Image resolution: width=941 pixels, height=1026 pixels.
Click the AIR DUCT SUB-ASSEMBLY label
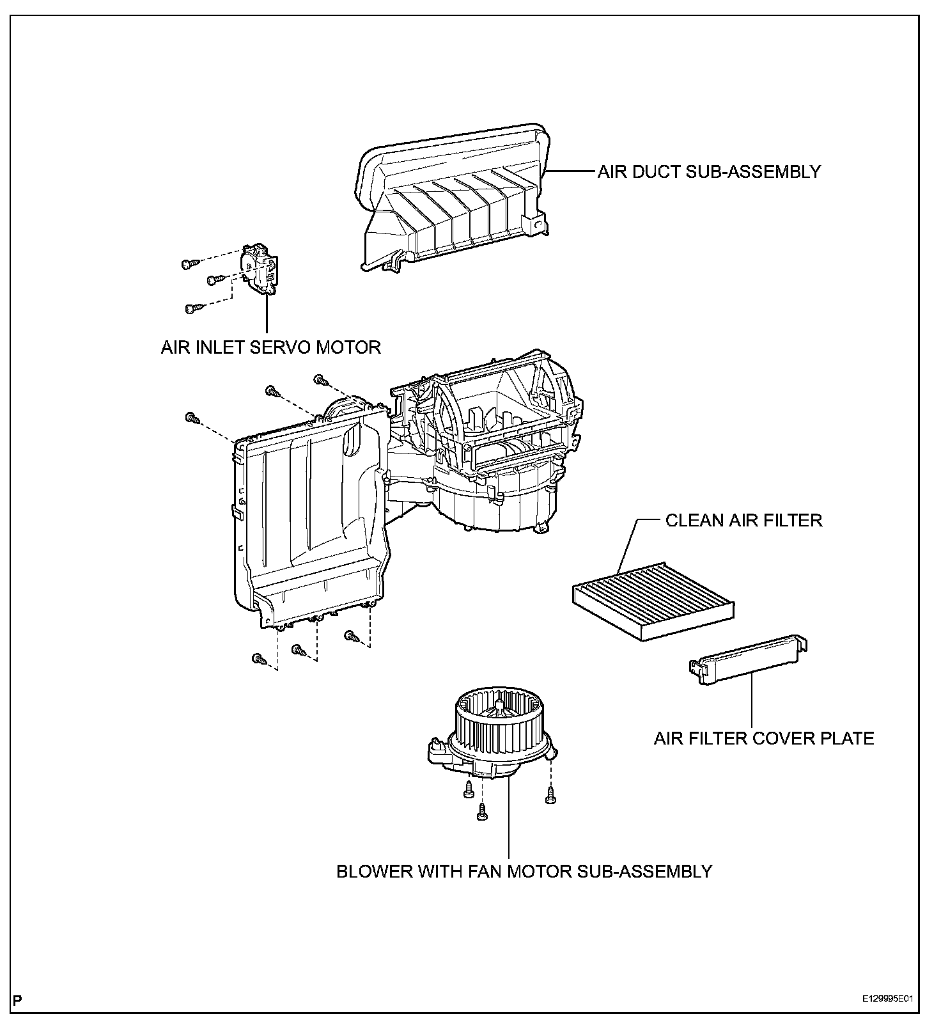pos(709,171)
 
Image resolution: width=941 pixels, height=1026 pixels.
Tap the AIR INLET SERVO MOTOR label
pos(270,347)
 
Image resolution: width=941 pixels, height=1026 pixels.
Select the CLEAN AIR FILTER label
pos(743,520)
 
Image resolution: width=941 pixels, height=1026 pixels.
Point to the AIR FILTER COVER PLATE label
pos(763,739)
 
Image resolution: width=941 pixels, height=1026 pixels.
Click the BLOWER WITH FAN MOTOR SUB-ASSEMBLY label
pos(524,871)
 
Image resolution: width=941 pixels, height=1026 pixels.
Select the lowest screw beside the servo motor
pos(191,308)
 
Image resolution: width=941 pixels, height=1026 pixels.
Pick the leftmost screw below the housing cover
pos(259,658)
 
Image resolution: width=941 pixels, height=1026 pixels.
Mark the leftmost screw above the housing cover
pos(191,418)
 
